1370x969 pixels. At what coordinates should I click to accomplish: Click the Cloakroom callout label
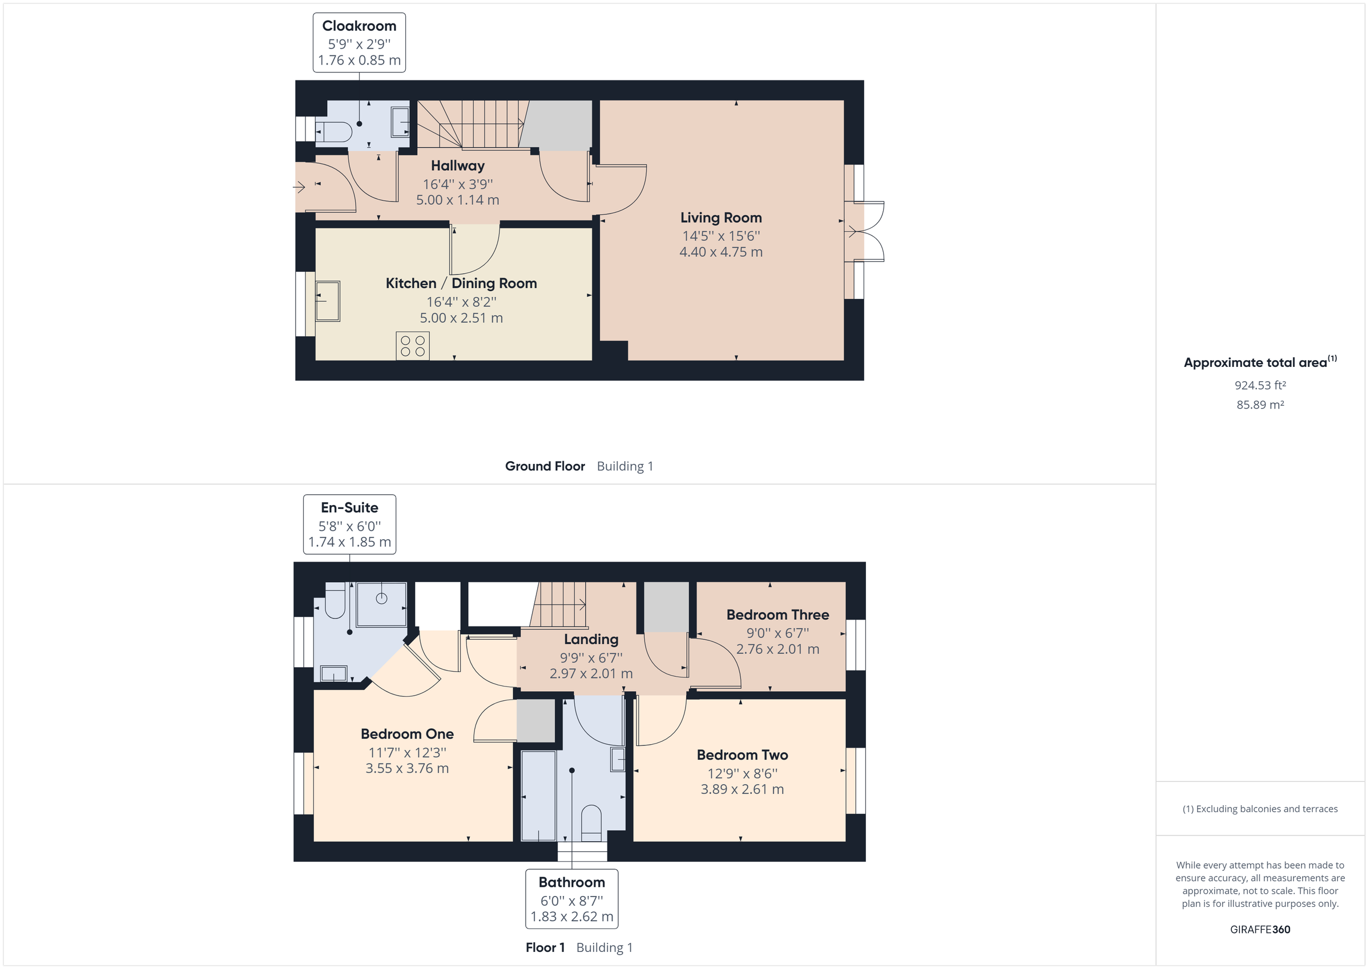pyautogui.click(x=359, y=42)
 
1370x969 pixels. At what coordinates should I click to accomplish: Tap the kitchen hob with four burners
pyautogui.click(x=412, y=346)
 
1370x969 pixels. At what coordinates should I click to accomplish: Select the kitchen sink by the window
pyautogui.click(x=328, y=301)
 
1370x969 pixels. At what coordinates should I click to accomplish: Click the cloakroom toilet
pyautogui.click(x=335, y=131)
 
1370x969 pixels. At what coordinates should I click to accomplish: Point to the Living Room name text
pyautogui.click(x=721, y=218)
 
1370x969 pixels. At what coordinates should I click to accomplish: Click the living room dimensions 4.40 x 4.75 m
pyautogui.click(x=721, y=252)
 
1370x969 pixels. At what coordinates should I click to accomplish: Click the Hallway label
pyautogui.click(x=458, y=166)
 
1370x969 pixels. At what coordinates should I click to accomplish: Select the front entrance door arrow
pyautogui.click(x=300, y=187)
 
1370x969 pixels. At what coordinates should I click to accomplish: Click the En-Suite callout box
pyautogui.click(x=350, y=524)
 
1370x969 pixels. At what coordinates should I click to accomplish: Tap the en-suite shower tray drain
pyautogui.click(x=382, y=599)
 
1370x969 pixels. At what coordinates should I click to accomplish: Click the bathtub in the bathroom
pyautogui.click(x=539, y=796)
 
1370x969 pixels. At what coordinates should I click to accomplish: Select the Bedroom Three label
pyautogui.click(x=777, y=615)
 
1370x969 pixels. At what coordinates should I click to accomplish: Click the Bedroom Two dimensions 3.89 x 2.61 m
pyautogui.click(x=742, y=789)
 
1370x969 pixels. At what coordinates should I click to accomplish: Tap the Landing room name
pyautogui.click(x=591, y=640)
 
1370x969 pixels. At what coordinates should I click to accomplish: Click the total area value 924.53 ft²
pyautogui.click(x=1260, y=385)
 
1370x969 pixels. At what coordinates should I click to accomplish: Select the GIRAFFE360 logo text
pyautogui.click(x=1260, y=930)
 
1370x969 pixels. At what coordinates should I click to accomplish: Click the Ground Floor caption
pyautogui.click(x=545, y=467)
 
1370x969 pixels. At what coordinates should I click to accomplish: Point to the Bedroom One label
pyautogui.click(x=407, y=734)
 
